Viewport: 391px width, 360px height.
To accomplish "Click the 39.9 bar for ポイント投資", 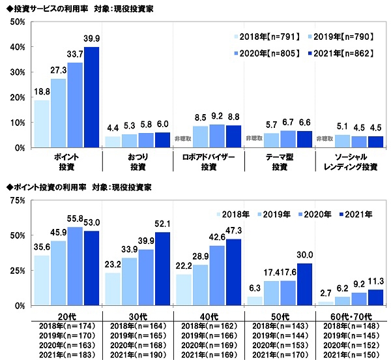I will coord(92,97).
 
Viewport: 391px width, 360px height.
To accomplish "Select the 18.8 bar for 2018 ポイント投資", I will coord(42,124).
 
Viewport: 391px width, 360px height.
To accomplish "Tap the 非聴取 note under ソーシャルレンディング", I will coord(325,139).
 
